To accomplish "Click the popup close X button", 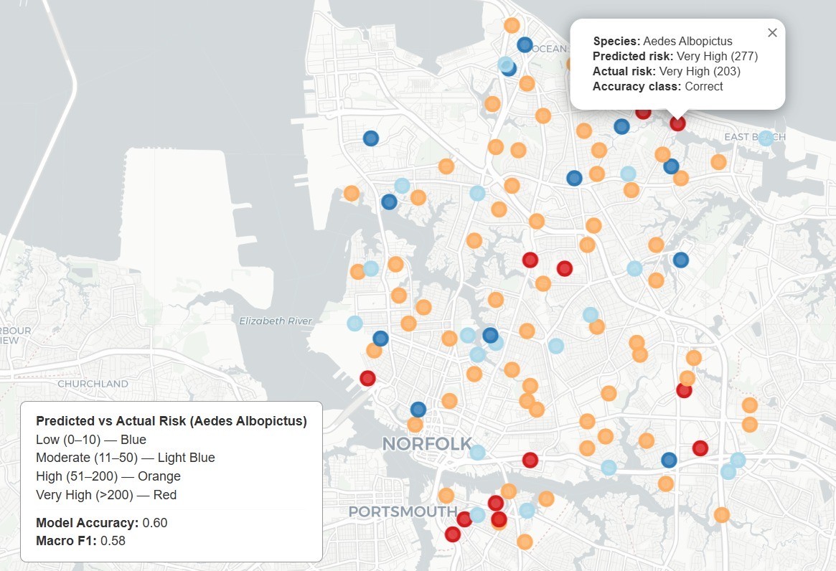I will [x=772, y=32].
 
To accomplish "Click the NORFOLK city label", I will [x=427, y=443].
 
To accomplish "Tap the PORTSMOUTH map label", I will [x=403, y=511].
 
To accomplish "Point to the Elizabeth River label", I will [x=276, y=321].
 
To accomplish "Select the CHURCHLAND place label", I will [x=93, y=384].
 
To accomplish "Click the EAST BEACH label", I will [x=753, y=137].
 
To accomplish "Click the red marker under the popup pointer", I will [x=677, y=123].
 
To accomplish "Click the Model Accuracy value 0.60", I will [x=155, y=522].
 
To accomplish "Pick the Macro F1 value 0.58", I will [x=113, y=540].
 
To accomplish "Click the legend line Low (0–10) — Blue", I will [x=91, y=440].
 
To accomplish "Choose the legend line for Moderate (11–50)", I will [x=126, y=458].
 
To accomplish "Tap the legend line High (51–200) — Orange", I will [x=108, y=476].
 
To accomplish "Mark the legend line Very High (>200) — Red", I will [x=106, y=495].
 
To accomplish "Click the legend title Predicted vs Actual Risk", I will [x=172, y=421].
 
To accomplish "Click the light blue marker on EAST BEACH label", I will [x=766, y=138].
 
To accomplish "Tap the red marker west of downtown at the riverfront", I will [x=367, y=378].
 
